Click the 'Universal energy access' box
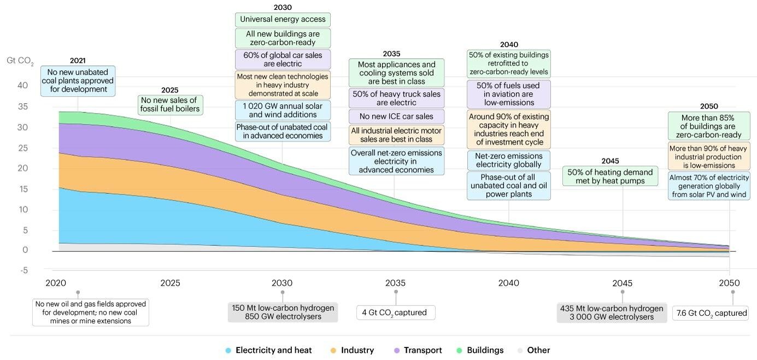pos(283,20)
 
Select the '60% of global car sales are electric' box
pos(283,60)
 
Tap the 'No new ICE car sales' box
pos(396,116)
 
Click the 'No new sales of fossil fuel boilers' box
pos(171,105)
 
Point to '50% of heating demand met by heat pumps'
pos(610,176)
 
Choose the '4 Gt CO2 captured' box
pos(396,313)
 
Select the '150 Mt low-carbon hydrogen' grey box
pos(283,312)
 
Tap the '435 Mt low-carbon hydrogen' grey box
pos(612,312)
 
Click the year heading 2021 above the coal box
pos(78,61)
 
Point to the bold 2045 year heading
pos(610,161)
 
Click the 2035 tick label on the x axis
pos(395,283)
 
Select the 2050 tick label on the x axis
pos(729,283)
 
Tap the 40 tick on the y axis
pos(22,85)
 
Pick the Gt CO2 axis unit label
pos(20,61)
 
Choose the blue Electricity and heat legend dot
pos(228,350)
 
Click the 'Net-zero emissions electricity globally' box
pos(508,160)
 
